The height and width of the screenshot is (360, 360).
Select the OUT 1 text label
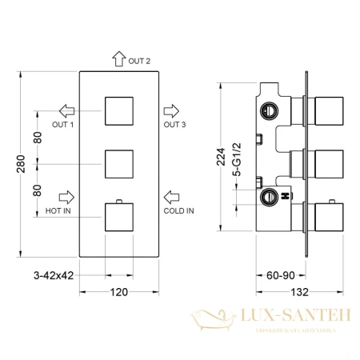coord(64,124)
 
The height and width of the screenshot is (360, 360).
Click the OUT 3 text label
coord(174,124)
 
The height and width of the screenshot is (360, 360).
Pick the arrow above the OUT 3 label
coord(172,110)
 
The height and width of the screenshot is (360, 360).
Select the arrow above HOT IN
coord(66,195)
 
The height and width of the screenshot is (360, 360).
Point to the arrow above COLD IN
coord(172,195)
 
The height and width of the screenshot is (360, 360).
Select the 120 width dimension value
coord(119,291)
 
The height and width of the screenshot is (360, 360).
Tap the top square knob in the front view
coord(120,110)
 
